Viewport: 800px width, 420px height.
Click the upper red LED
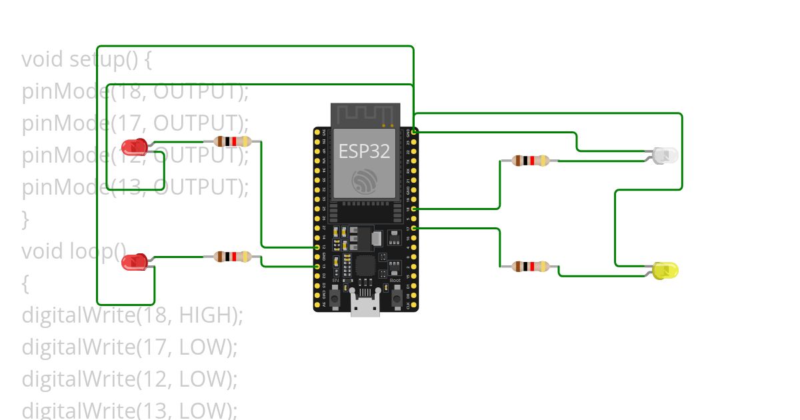[135, 146]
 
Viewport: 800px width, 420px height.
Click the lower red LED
[135, 261]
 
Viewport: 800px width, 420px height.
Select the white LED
[665, 155]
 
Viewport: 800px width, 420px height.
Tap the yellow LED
[665, 270]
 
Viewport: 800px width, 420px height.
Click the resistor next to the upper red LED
[232, 141]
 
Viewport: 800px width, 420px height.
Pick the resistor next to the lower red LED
[232, 257]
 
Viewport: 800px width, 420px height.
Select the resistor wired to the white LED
[531, 160]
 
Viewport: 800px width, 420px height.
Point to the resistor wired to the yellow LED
[531, 267]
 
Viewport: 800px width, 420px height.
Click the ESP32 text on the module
[364, 151]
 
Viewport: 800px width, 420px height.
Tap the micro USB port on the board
[365, 308]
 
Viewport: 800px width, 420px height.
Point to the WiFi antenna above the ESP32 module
[365, 114]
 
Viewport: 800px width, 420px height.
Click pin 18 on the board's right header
[414, 209]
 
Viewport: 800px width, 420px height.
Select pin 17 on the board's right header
[414, 229]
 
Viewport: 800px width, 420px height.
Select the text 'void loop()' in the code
[73, 251]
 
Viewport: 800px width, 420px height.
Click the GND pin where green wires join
[414, 132]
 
